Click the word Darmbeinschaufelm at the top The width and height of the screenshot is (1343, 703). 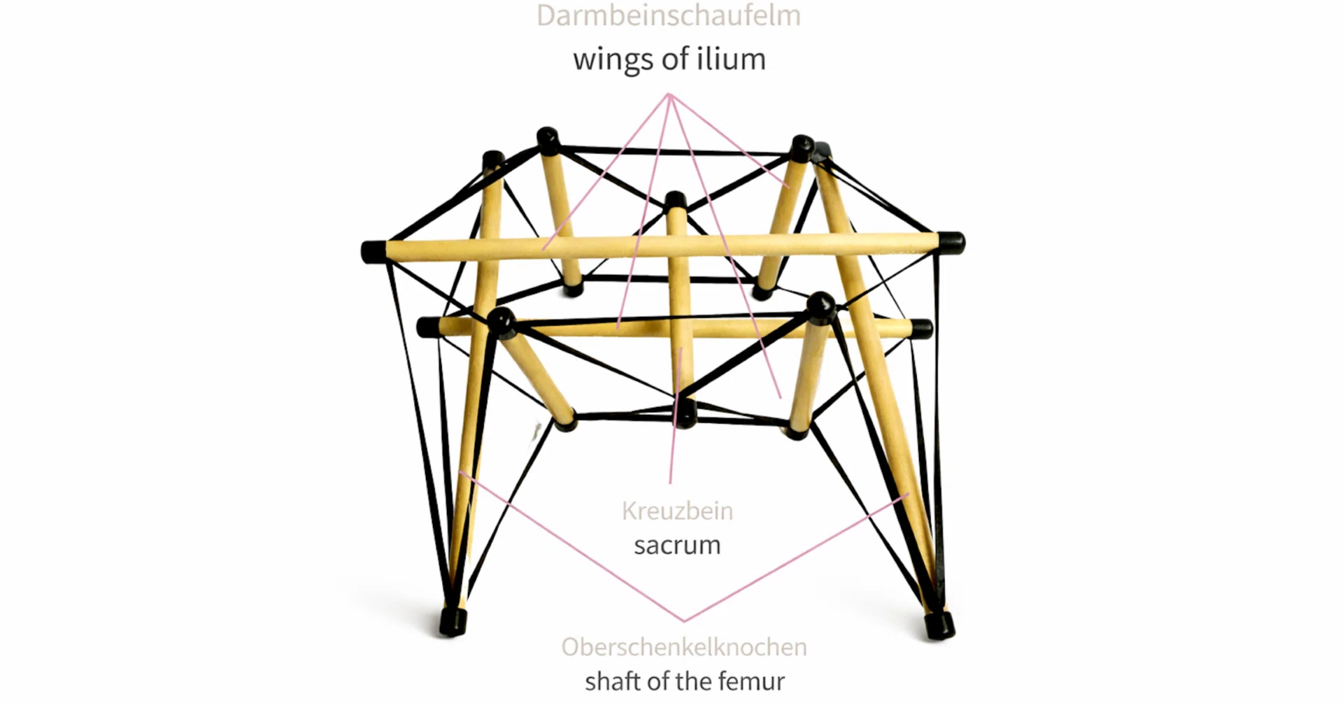[x=669, y=15]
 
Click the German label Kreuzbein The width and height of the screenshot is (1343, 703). [x=677, y=511]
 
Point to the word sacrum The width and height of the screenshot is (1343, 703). [x=677, y=545]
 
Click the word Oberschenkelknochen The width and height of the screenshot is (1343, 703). [x=684, y=647]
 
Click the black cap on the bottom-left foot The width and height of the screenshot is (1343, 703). [x=453, y=621]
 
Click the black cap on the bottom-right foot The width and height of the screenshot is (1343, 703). [x=939, y=625]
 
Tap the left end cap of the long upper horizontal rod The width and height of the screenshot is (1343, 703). [x=374, y=251]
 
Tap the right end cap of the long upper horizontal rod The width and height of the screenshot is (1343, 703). [x=952, y=243]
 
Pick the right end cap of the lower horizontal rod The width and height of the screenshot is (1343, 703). [x=922, y=328]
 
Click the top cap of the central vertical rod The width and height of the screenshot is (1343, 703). [x=676, y=201]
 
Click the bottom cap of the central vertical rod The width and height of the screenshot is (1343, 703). [x=685, y=413]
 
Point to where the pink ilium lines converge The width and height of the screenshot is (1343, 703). [x=669, y=94]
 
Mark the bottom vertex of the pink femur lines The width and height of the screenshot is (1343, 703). [x=685, y=620]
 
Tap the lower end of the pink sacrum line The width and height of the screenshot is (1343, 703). [x=670, y=482]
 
